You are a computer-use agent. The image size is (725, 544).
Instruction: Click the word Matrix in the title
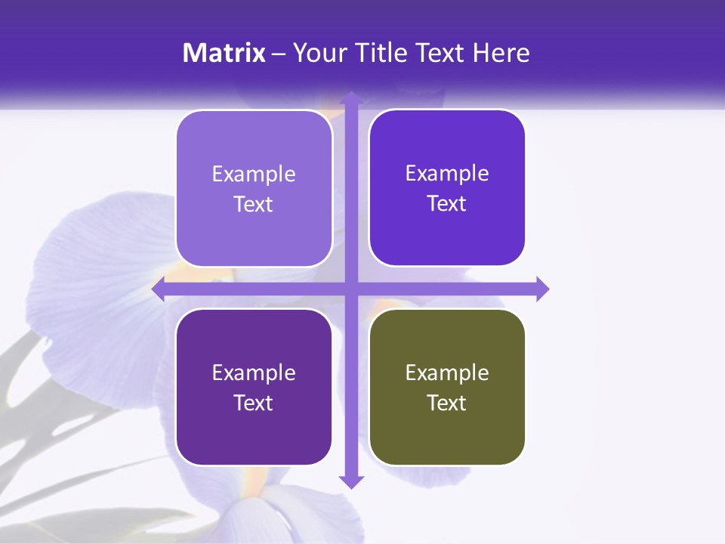[x=224, y=53]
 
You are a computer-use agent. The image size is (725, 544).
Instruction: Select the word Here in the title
[x=501, y=53]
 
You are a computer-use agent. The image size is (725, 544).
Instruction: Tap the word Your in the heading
[x=316, y=53]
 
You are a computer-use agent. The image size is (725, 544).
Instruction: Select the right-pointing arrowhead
[x=542, y=289]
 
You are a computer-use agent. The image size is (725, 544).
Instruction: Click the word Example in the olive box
[x=447, y=372]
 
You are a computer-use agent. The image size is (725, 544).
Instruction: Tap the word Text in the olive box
[x=447, y=403]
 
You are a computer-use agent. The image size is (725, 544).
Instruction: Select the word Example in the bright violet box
[x=447, y=173]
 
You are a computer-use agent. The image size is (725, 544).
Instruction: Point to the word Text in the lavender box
[x=254, y=204]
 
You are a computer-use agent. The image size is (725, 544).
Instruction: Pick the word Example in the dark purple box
[x=254, y=372]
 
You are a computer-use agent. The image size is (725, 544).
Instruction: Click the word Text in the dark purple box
[x=254, y=403]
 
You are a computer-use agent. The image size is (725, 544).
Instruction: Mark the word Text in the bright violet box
[x=447, y=203]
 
